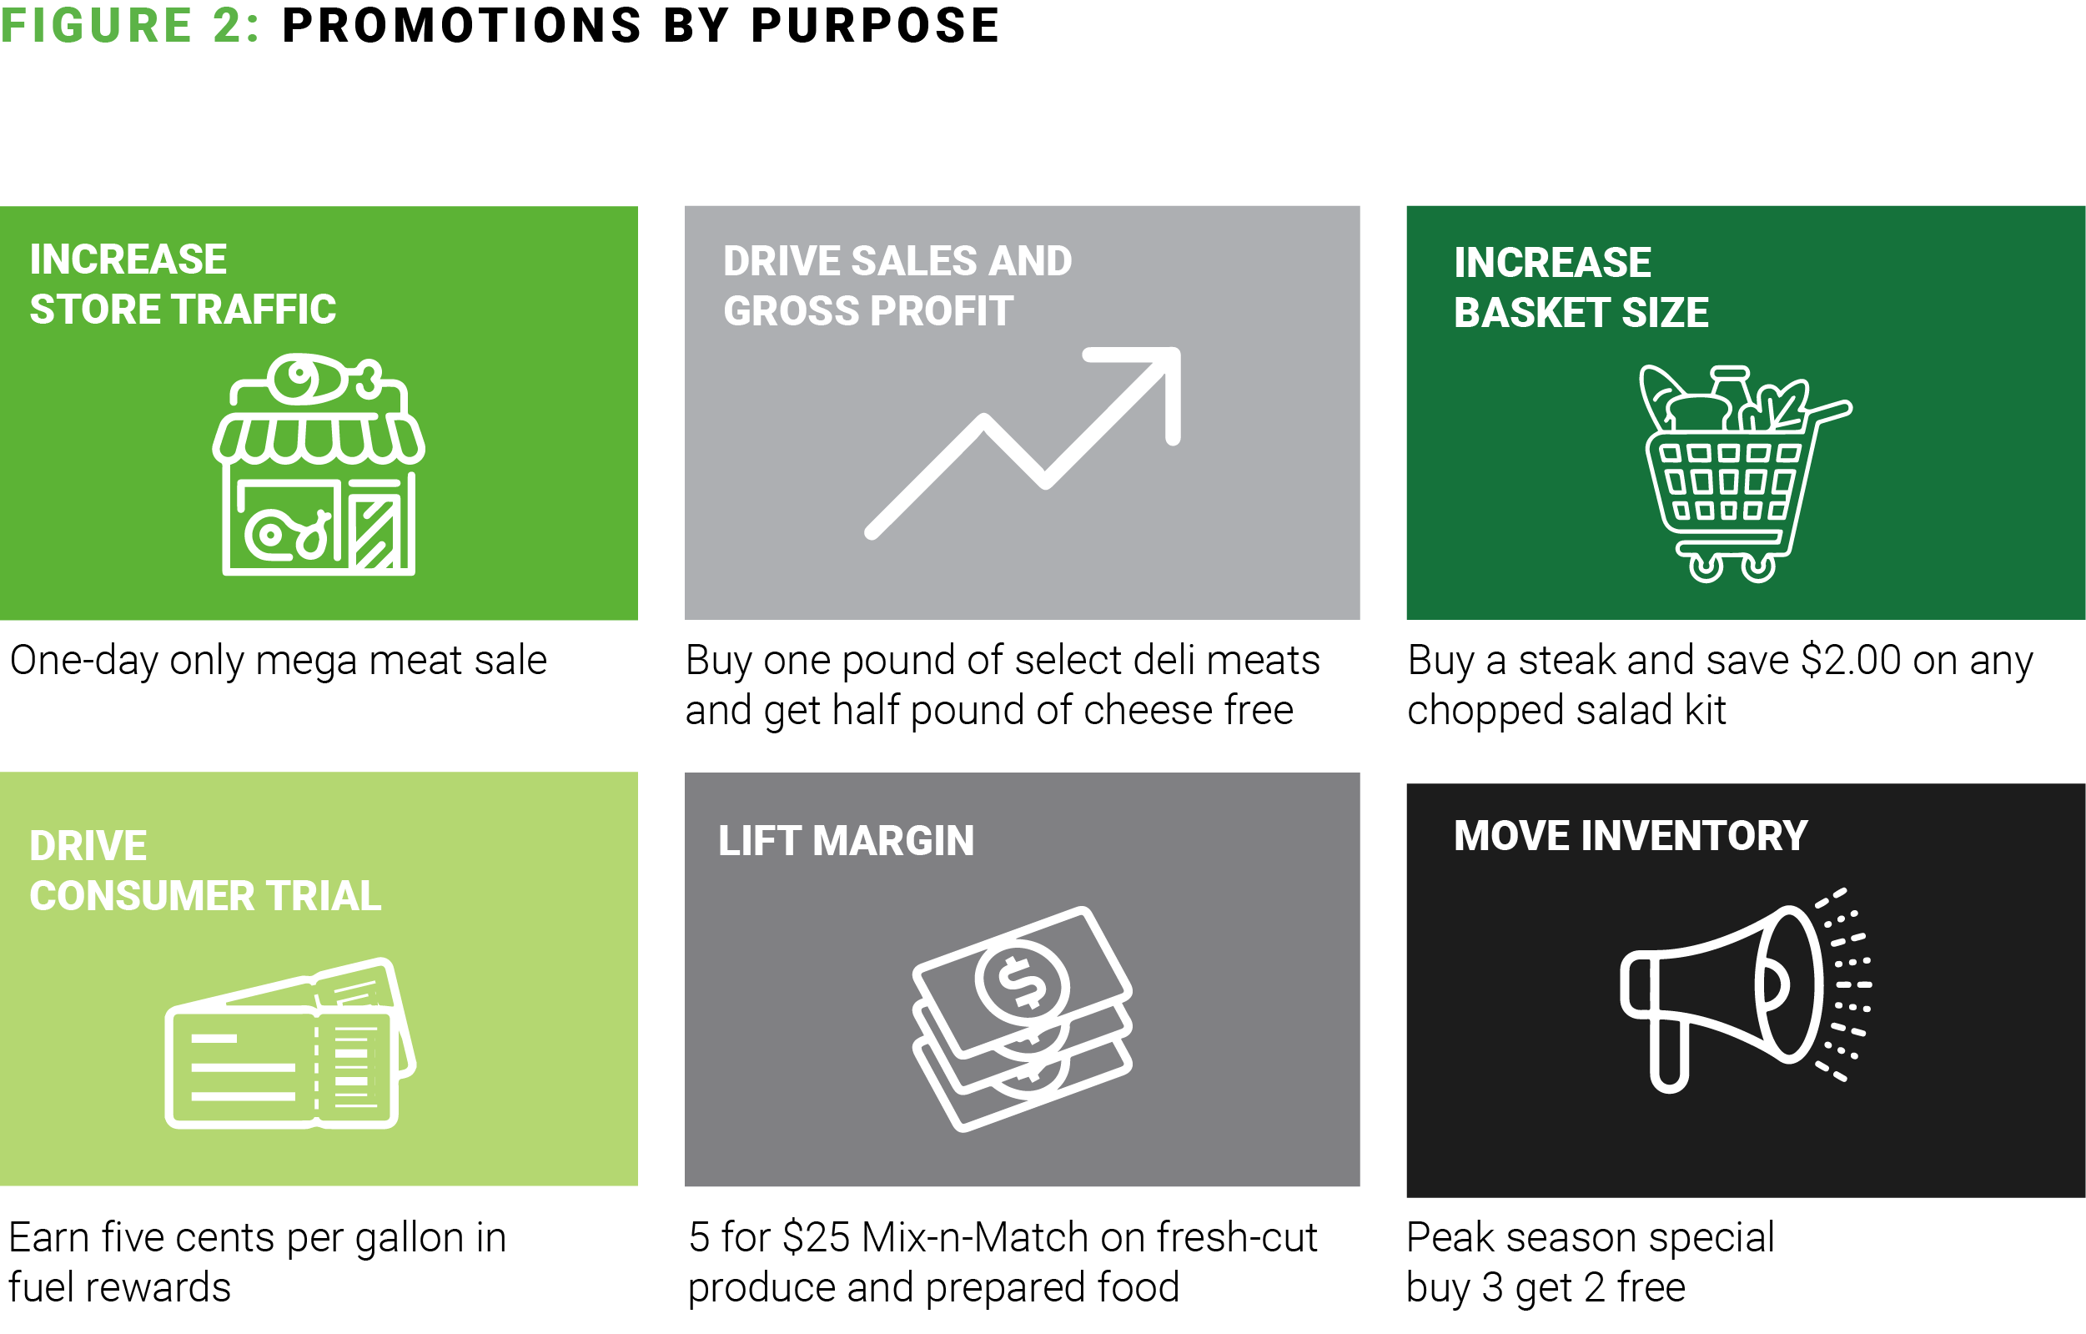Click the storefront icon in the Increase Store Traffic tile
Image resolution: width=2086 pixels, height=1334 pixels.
click(319, 465)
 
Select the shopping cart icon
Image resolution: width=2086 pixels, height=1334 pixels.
click(1743, 474)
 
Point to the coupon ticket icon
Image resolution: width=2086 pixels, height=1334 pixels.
click(290, 1043)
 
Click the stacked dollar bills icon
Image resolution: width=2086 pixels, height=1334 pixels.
click(1023, 1019)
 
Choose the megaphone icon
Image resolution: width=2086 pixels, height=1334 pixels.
click(1746, 990)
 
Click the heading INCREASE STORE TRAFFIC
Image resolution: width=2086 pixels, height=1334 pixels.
click(183, 284)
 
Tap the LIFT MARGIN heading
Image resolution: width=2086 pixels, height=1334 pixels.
click(847, 840)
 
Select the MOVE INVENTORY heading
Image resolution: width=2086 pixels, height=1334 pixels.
click(1631, 836)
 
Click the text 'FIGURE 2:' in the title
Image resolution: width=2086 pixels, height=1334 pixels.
click(130, 25)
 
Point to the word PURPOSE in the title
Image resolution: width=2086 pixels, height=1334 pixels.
click(875, 25)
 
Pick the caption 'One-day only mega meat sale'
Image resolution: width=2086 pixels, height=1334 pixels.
click(278, 661)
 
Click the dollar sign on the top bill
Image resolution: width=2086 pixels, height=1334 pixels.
click(1023, 983)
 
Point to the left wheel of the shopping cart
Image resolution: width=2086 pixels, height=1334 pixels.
click(1706, 567)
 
